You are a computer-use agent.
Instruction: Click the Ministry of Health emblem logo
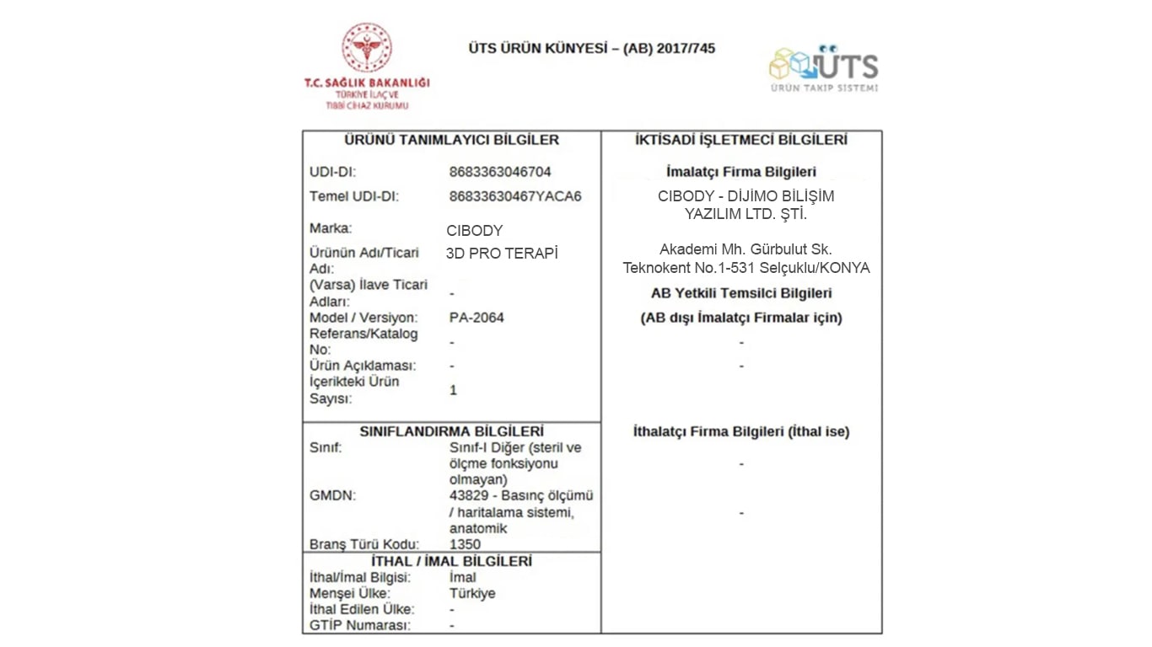coord(366,48)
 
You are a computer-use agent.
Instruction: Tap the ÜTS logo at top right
coord(824,67)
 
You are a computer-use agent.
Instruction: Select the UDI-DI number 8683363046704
coord(500,172)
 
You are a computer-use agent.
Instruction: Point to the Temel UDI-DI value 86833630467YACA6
coord(515,196)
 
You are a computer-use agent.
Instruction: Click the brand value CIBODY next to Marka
coord(474,231)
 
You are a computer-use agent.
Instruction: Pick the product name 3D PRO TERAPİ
coord(502,254)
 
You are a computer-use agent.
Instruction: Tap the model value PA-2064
coord(476,318)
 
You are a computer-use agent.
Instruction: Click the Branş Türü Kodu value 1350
coord(465,544)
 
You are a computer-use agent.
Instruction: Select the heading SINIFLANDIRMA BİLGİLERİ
coord(452,431)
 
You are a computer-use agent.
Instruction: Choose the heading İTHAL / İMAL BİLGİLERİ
coord(452,561)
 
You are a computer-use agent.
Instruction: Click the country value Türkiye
coord(472,593)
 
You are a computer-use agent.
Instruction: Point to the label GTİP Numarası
coord(360,625)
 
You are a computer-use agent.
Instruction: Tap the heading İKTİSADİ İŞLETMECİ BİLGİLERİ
coord(741,140)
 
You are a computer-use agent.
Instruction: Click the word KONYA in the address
coord(846,268)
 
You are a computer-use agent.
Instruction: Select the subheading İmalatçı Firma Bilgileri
coord(741,172)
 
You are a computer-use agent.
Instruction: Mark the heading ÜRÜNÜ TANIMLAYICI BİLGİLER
coord(452,140)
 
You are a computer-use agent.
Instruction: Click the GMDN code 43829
coord(469,495)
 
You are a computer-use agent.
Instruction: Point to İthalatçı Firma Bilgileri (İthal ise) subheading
coord(741,431)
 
